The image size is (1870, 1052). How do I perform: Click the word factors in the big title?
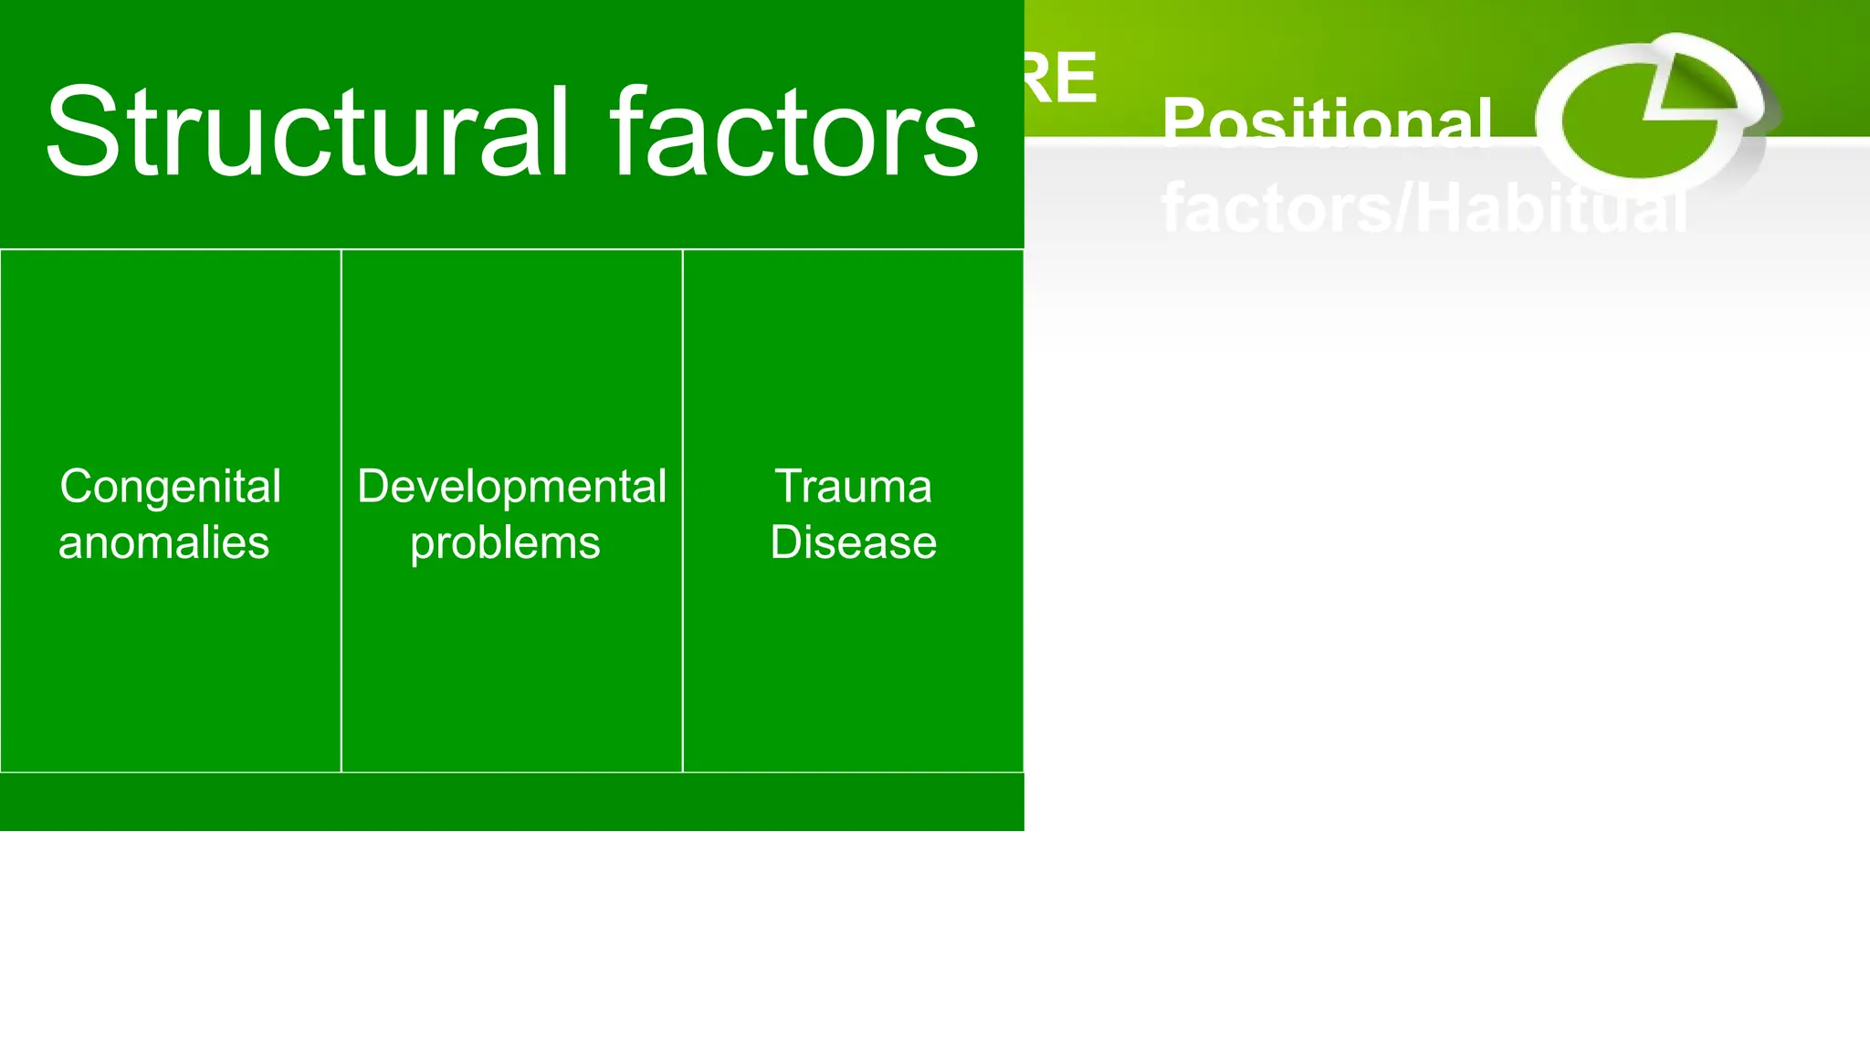click(x=794, y=132)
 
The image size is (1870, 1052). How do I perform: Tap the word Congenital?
click(x=171, y=486)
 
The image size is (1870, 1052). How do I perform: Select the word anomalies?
click(x=164, y=542)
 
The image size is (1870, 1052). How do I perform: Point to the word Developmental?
click(x=511, y=486)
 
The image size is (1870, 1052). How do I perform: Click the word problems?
click(x=505, y=543)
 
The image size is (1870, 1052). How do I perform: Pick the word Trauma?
click(x=853, y=486)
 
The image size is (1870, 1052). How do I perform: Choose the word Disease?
click(x=853, y=542)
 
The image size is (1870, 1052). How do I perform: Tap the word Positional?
click(x=1327, y=121)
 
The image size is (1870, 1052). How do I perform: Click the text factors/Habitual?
click(x=1423, y=208)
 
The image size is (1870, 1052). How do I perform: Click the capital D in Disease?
click(x=787, y=542)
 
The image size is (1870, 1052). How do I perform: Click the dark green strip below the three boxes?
click(x=511, y=802)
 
